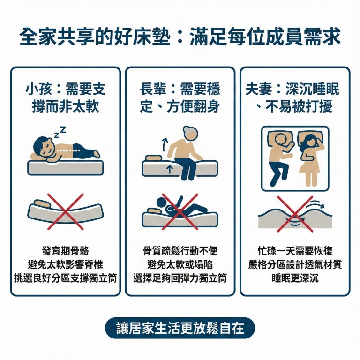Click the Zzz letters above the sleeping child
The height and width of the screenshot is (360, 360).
click(60, 132)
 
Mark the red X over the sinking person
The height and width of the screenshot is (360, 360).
click(180, 211)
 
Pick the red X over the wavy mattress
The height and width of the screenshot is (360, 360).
click(294, 214)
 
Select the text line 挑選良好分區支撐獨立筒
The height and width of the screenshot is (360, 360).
click(65, 278)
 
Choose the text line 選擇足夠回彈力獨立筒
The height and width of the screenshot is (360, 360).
click(180, 278)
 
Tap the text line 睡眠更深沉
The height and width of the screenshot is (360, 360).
click(295, 278)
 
